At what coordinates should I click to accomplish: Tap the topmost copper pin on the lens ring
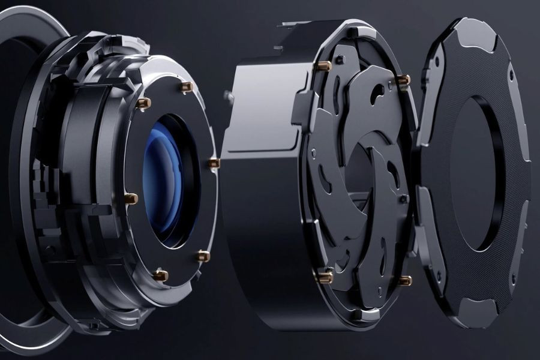(185, 88)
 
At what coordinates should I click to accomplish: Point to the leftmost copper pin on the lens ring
(132, 197)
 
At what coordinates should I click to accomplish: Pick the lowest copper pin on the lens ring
(160, 275)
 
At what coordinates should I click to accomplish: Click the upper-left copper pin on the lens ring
(143, 103)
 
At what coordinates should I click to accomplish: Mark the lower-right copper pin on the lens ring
(203, 256)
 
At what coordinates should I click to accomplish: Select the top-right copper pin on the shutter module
(403, 79)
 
